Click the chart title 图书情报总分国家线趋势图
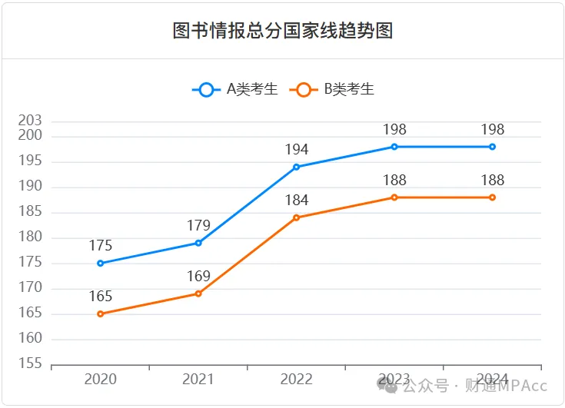[283, 31]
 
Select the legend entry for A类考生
[235, 89]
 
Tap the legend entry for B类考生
[332, 89]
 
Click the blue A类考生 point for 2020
[101, 264]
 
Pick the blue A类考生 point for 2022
[297, 167]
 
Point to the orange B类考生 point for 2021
[198, 294]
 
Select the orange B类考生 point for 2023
[394, 197]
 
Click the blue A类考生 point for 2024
[492, 147]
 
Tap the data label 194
[296, 150]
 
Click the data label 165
[101, 297]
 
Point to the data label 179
[198, 226]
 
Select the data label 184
[296, 201]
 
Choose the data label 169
[198, 277]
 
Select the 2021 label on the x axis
[198, 379]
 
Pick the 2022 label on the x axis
[296, 379]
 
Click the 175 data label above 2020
[101, 246]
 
